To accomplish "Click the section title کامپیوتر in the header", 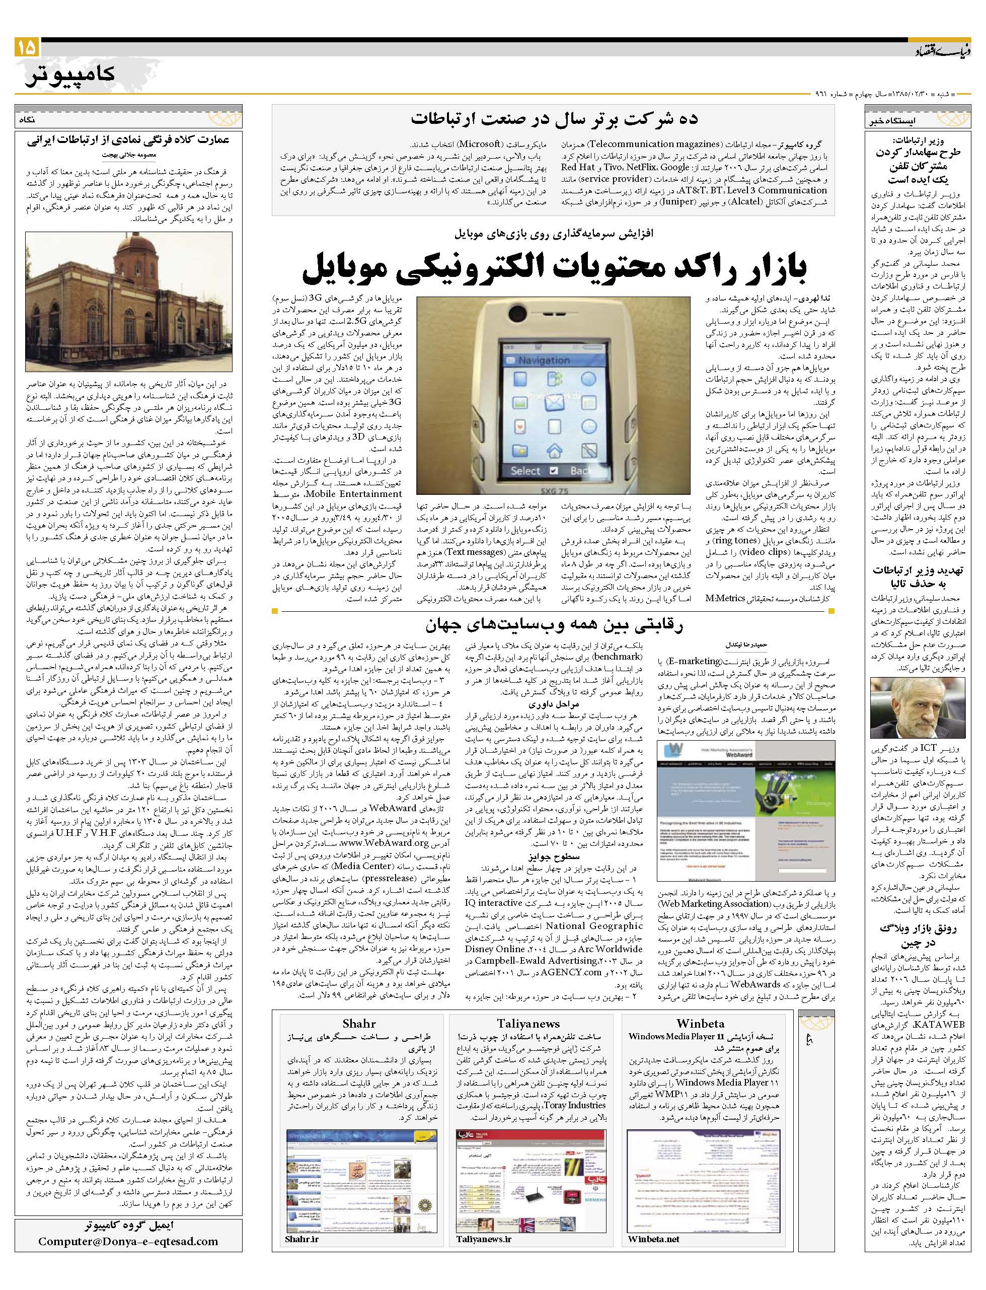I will pyautogui.click(x=71, y=75).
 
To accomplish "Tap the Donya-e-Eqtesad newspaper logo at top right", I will pyautogui.click(x=939, y=52).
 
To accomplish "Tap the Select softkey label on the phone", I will pyautogui.click(x=525, y=471).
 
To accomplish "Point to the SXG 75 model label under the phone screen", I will pyautogui.click(x=549, y=488).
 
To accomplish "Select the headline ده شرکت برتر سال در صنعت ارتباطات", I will pyautogui.click(x=554, y=119).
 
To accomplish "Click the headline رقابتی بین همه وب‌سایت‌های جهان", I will pyautogui.click(x=554, y=625).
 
